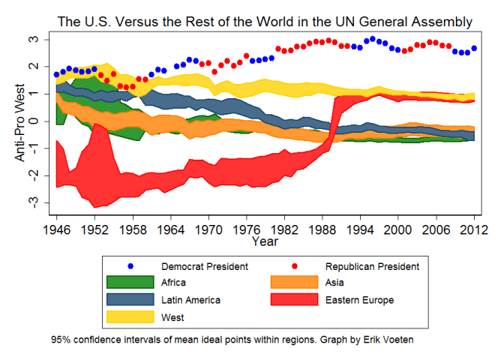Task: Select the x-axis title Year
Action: pos(265,241)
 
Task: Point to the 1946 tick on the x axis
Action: pos(56,229)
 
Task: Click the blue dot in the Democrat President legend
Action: pos(130,266)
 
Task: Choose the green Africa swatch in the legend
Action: pos(130,283)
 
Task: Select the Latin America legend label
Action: pos(190,300)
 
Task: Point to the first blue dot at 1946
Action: pos(56,74)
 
